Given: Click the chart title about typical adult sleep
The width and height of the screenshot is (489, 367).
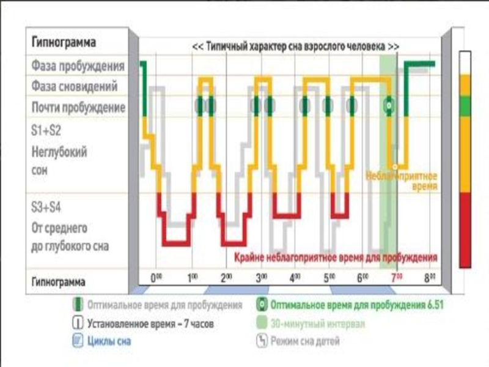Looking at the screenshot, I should (x=296, y=46).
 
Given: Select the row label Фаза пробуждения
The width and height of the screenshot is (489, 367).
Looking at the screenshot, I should (x=78, y=65).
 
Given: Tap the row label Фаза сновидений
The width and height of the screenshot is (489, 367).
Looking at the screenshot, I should (x=75, y=86).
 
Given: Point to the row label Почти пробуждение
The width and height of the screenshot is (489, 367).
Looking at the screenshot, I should (x=78, y=108).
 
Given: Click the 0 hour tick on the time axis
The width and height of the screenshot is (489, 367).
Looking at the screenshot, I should (x=157, y=277).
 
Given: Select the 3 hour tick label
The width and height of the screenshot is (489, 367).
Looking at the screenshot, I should (x=262, y=277).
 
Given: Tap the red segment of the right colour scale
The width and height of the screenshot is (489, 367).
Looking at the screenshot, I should (x=466, y=229).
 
